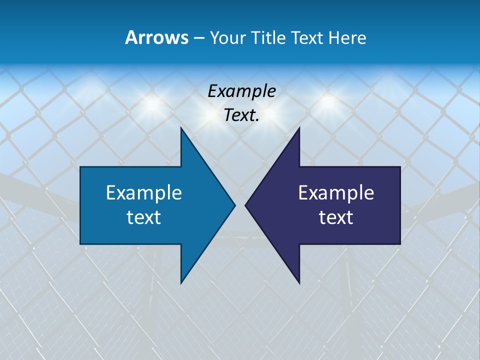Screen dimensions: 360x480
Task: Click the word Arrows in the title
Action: tap(156, 37)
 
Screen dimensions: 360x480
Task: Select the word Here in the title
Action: tap(347, 37)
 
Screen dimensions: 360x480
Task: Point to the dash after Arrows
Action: tap(198, 38)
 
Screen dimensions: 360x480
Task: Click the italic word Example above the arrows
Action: tap(241, 91)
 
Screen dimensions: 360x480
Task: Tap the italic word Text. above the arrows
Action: tap(241, 115)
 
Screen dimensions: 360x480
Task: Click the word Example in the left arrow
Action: tap(144, 192)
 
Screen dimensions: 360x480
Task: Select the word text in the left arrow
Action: tap(144, 217)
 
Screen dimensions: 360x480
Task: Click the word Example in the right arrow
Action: tap(336, 192)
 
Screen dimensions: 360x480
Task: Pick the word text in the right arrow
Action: tap(336, 217)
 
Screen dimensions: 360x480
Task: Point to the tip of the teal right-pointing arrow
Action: tap(234, 205)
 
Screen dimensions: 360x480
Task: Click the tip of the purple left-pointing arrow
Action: tap(245, 205)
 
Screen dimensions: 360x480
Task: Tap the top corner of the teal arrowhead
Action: tap(181, 128)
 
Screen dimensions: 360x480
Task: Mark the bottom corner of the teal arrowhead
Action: tap(181, 282)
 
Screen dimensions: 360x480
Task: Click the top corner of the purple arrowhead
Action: tap(299, 128)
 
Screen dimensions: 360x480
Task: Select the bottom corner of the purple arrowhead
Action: tap(299, 282)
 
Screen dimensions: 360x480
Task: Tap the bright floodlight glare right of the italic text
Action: tap(328, 101)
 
